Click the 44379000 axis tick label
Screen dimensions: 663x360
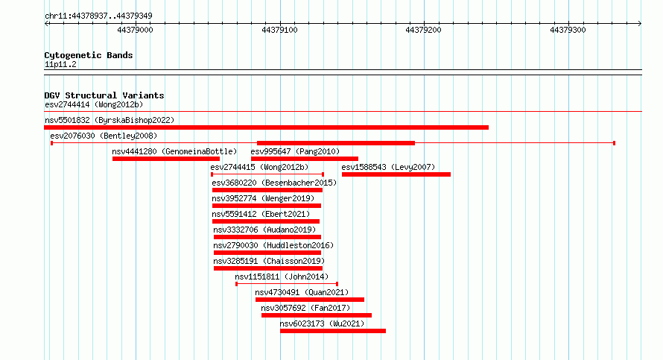click(135, 30)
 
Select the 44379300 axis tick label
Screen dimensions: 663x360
click(568, 30)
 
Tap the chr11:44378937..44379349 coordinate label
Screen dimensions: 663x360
click(98, 16)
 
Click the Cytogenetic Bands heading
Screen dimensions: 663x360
click(89, 55)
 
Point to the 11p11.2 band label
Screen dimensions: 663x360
click(60, 64)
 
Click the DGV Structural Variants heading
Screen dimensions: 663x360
click(104, 95)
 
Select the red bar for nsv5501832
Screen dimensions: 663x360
click(267, 127)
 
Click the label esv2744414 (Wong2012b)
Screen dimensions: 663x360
click(94, 104)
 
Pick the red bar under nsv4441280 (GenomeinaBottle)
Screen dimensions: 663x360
click(166, 159)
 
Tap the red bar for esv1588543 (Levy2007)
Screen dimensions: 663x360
click(396, 174)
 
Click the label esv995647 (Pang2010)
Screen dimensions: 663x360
click(295, 151)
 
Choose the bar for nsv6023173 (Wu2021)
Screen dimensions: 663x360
click(333, 331)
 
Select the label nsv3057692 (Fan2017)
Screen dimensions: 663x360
click(305, 308)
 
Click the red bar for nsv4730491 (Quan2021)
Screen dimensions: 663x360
click(310, 300)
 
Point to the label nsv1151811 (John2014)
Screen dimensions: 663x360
click(282, 277)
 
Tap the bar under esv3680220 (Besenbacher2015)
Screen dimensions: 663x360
click(267, 190)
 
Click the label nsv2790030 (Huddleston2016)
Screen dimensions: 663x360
click(273, 245)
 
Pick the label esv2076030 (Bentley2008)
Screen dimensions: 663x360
click(104, 136)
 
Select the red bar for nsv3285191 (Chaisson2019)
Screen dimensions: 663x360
click(268, 268)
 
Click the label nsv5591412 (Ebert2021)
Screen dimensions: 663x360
click(261, 214)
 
